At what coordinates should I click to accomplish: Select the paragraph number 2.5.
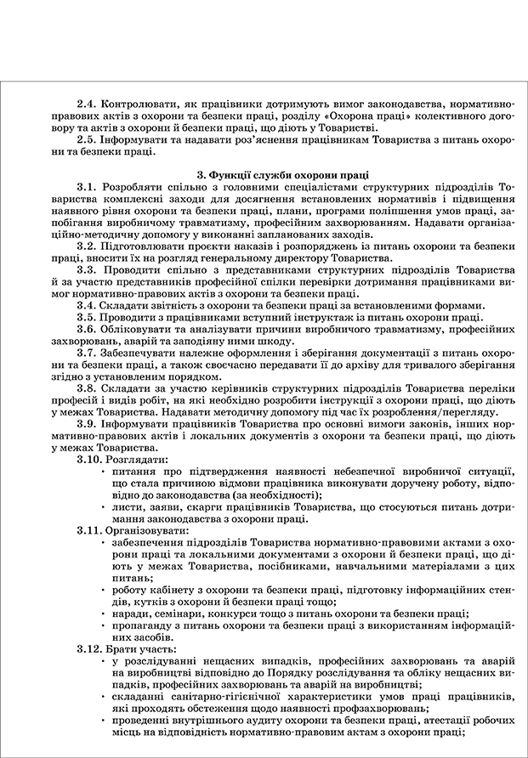click(x=88, y=139)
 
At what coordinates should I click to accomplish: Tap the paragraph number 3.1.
click(x=88, y=186)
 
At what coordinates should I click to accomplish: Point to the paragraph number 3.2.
click(x=88, y=246)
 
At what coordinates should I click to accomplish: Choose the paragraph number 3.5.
click(x=88, y=317)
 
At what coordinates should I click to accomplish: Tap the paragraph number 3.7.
click(x=88, y=353)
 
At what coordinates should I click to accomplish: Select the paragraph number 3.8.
click(x=88, y=388)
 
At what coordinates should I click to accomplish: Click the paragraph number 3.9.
click(x=88, y=423)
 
